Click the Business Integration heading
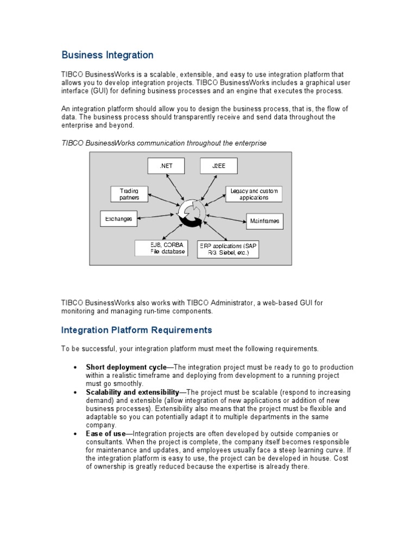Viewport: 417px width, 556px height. (x=108, y=55)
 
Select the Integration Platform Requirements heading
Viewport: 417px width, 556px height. (x=136, y=330)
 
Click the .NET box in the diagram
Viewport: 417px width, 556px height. (x=166, y=166)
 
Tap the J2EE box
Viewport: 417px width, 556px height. (x=219, y=166)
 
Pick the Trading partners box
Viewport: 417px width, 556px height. (x=129, y=194)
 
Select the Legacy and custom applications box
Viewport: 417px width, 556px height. (x=254, y=194)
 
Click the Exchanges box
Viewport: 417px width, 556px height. (x=119, y=218)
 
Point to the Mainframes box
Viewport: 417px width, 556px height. (x=264, y=221)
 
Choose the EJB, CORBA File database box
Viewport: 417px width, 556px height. (x=161, y=248)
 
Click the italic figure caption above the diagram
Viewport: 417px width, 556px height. (x=164, y=142)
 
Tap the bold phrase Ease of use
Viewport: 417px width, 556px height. (x=105, y=433)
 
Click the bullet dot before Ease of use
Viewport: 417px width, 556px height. (x=74, y=433)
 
